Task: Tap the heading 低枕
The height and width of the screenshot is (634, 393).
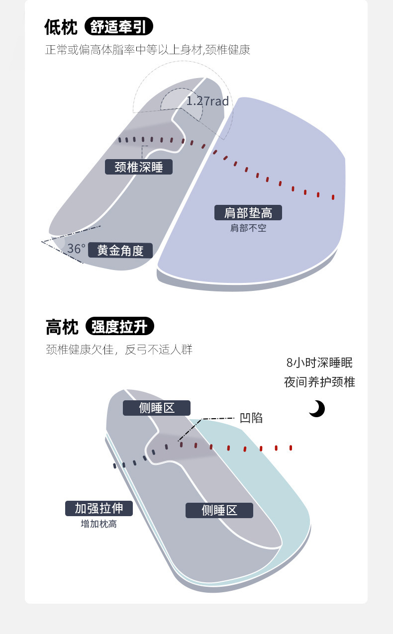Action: (61, 27)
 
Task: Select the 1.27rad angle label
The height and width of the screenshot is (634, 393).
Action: (207, 101)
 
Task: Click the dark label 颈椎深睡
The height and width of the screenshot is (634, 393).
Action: (139, 167)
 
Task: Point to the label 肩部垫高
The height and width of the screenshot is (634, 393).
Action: (248, 213)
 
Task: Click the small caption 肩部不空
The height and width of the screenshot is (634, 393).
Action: (248, 228)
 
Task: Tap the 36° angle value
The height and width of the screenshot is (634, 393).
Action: (76, 249)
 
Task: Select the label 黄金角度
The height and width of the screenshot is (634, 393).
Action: (120, 250)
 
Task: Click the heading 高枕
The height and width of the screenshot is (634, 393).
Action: (62, 328)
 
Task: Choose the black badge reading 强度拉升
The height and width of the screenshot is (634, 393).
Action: (119, 327)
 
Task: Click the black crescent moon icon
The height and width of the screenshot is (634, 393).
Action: (316, 409)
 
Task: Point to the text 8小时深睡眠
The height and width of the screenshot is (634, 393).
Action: (319, 362)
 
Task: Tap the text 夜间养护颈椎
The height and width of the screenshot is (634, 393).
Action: (319, 382)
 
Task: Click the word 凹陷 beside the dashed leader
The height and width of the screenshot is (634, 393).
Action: (251, 418)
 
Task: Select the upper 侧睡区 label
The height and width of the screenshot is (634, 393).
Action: (157, 408)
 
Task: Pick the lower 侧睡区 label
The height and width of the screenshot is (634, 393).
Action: (219, 510)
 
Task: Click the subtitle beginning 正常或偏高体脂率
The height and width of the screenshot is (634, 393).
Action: (148, 50)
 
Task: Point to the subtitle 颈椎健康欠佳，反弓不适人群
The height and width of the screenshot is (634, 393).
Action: (119, 350)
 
